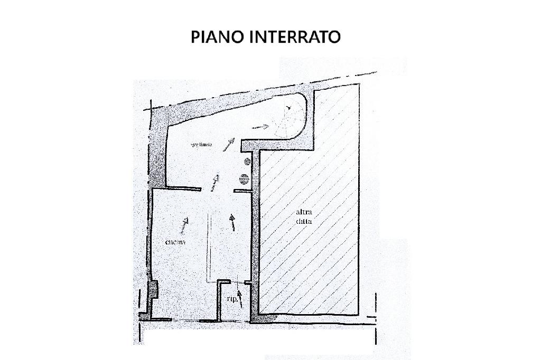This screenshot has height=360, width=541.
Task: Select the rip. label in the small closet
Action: tap(231, 298)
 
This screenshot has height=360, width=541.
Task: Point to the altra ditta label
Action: tap(304, 217)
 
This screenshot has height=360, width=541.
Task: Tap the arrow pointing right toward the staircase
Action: tap(260, 127)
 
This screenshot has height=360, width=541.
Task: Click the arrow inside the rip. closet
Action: tap(241, 299)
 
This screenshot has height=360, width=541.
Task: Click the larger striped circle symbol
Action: tap(244, 179)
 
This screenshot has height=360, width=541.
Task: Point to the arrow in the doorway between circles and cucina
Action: tap(214, 182)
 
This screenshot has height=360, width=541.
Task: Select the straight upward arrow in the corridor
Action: tap(233, 222)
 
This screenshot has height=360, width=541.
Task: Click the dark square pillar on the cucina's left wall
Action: tap(153, 289)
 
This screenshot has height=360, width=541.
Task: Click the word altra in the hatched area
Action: tap(304, 212)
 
